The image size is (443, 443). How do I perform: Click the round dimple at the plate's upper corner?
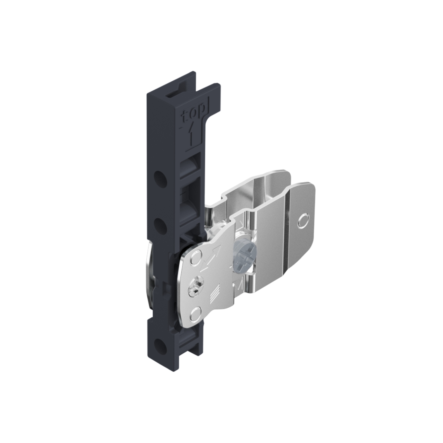[x=196, y=258]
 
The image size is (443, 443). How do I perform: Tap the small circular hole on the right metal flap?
[x=304, y=220]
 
